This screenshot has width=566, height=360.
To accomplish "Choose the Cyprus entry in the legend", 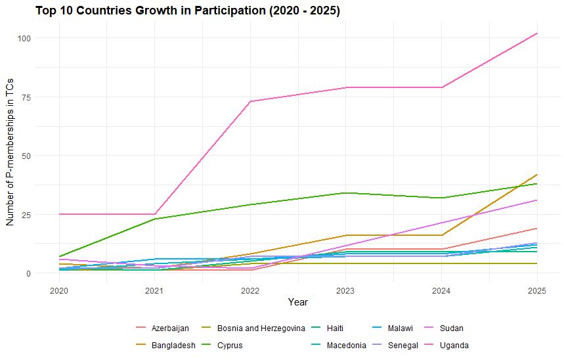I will point(230,346).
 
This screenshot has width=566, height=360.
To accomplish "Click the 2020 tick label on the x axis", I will point(59,290).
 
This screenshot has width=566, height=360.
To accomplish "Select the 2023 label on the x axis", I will point(346,290).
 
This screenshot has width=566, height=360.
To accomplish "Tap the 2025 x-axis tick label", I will point(537,290).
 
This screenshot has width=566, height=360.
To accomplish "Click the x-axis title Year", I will point(298,302).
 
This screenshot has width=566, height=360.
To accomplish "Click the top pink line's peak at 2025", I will point(537,34).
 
